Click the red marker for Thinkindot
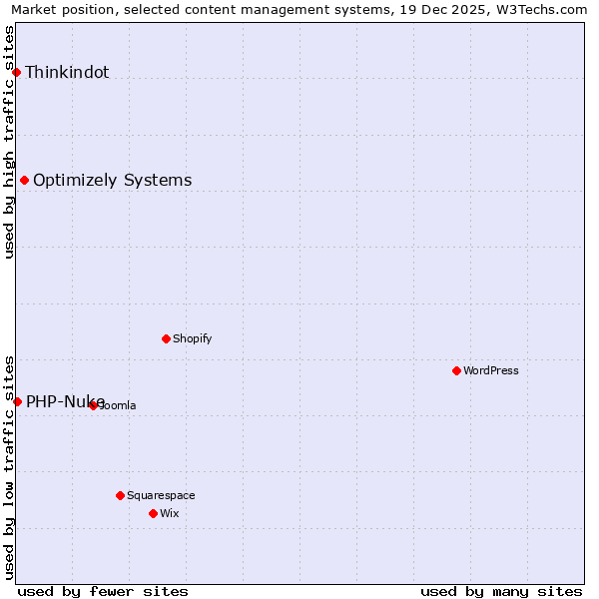17,72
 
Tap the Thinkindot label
67,72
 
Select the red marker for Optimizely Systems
25,181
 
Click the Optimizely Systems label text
112,181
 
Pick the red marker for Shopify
166,338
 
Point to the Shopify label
193,338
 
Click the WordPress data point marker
456,370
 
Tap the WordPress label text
491,370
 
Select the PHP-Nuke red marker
17,401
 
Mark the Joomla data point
93,405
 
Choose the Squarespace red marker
120,495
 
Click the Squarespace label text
161,495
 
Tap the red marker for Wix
153,513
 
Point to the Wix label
169,513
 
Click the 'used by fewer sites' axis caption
103,591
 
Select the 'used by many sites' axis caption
501,591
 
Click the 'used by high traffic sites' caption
10,142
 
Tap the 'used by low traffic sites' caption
10,466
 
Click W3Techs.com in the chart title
543,10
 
